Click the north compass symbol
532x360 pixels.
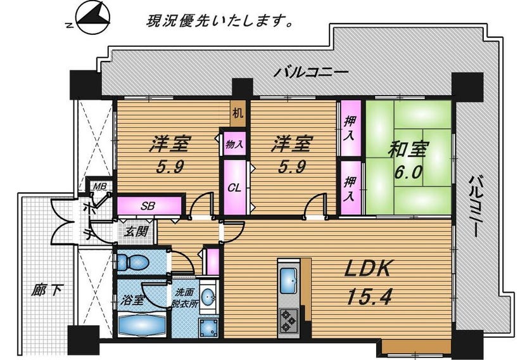point(92,18)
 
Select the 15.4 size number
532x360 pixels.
point(369,296)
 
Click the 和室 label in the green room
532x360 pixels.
point(408,149)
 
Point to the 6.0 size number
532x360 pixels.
point(408,172)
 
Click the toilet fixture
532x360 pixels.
point(133,262)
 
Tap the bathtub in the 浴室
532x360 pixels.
point(142,325)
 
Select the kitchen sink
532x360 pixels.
point(289,281)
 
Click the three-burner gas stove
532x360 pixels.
point(288,319)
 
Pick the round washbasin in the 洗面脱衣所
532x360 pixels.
point(208,298)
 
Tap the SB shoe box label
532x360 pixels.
point(148,205)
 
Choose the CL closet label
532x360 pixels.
point(234,188)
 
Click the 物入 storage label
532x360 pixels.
point(234,144)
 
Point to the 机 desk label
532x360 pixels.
point(237,113)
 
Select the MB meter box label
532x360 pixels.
point(100,186)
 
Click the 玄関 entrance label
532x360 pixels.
point(136,231)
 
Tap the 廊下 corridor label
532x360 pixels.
point(47,290)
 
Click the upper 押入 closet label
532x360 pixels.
point(350,129)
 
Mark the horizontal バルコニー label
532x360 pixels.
point(311,73)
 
